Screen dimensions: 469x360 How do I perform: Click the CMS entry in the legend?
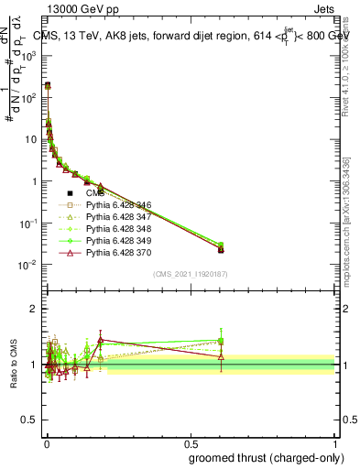pos(95,193)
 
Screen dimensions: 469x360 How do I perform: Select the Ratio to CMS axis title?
pos(14,364)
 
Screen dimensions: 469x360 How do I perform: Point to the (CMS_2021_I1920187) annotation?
pos(190,274)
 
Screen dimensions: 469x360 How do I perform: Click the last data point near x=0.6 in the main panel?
pos(221,248)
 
